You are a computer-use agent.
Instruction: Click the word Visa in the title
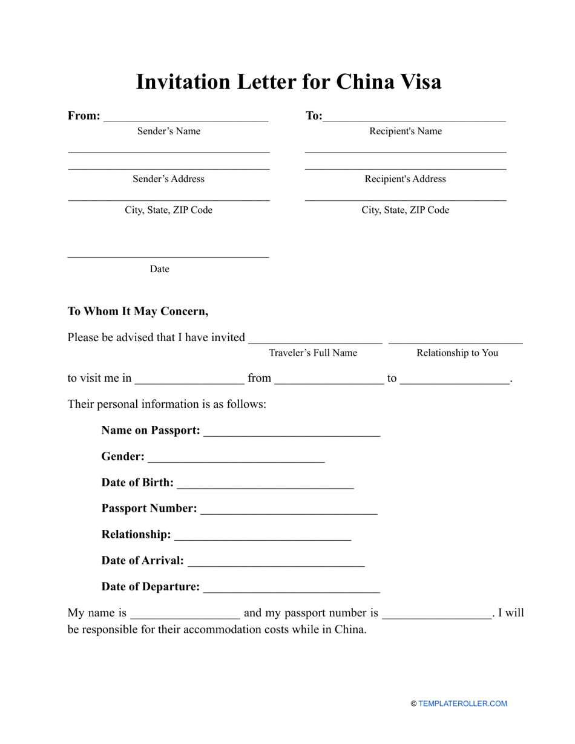(418, 82)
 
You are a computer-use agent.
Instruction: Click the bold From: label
(84, 116)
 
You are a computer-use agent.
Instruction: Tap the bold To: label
(314, 116)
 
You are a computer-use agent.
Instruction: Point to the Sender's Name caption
(168, 131)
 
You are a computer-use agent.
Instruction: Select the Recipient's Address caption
(405, 179)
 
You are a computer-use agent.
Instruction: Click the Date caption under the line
(159, 269)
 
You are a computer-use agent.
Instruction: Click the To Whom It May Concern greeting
(138, 312)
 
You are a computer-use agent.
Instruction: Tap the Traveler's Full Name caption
(313, 353)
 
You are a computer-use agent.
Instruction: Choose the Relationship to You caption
(457, 353)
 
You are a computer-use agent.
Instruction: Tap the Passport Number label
(149, 508)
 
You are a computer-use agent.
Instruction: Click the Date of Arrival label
(142, 561)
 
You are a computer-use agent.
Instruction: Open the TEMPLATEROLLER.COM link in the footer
(462, 703)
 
